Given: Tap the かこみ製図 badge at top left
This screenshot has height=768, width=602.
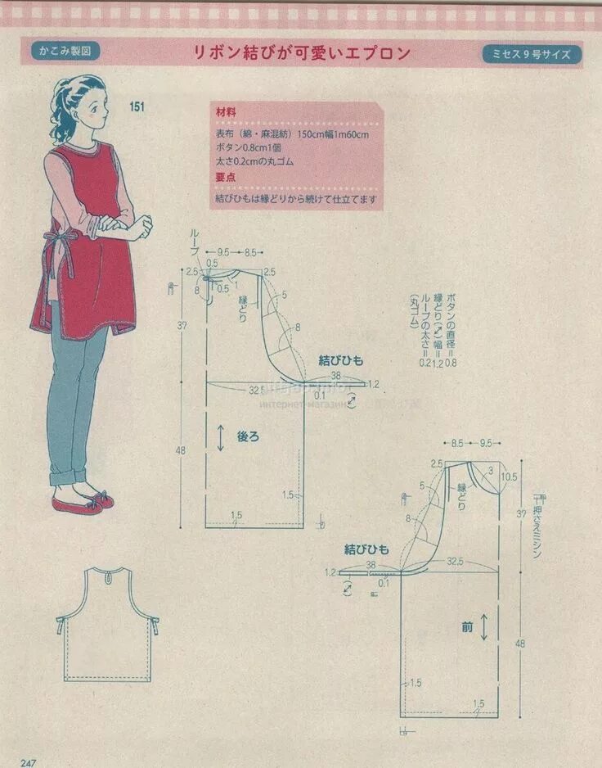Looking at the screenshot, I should coord(65,51).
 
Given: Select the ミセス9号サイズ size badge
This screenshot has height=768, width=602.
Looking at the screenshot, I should coord(532,54).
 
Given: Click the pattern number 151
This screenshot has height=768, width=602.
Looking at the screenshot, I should coord(137,106).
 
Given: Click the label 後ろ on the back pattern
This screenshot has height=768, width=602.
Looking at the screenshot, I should coord(248,437).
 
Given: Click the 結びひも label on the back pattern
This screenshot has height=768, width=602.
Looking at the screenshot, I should coord(341,360).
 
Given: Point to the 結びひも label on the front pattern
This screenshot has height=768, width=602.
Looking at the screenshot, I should coord(367,549).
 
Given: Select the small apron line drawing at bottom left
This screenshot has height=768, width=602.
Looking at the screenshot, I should coord(107,624).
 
